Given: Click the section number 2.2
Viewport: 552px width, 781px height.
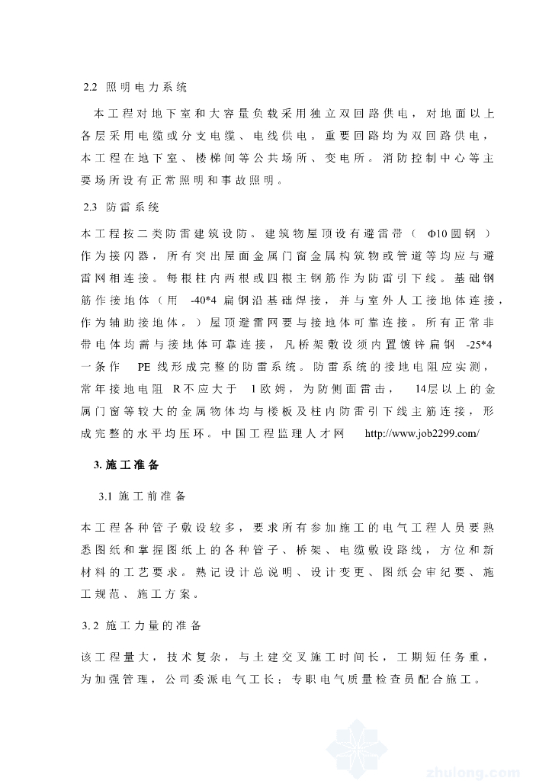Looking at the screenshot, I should coord(90,88).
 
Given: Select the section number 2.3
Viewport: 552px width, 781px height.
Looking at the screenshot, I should coord(90,207).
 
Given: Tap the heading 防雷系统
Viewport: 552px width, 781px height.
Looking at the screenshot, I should coord(131,207).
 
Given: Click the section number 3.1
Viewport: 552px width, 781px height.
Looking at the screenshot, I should coord(105,497).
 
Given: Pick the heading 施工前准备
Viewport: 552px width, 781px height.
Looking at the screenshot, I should coord(152,497).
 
